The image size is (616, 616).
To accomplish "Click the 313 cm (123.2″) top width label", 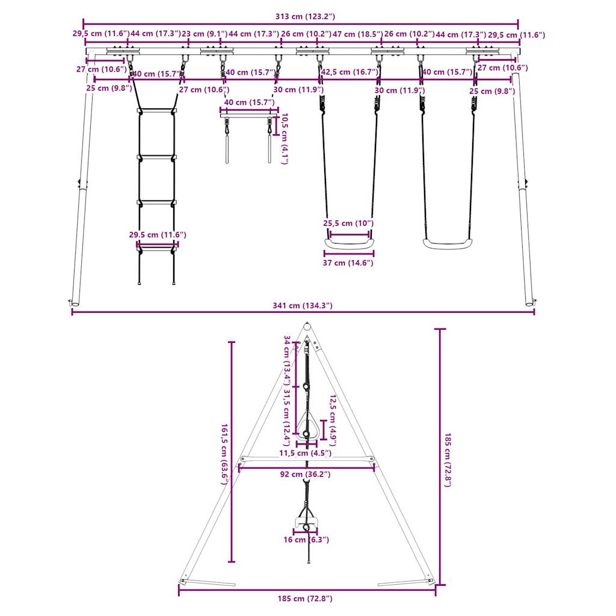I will [301, 16].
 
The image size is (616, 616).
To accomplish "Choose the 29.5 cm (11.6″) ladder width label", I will [157, 235].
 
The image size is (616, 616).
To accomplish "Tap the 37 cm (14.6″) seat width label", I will [348, 263].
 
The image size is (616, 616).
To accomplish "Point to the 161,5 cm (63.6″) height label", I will [225, 451].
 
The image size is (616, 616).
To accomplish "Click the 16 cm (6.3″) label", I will [306, 540].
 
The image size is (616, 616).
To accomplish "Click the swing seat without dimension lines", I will [447, 244].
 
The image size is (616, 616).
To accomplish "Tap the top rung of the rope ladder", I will [157, 111].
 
